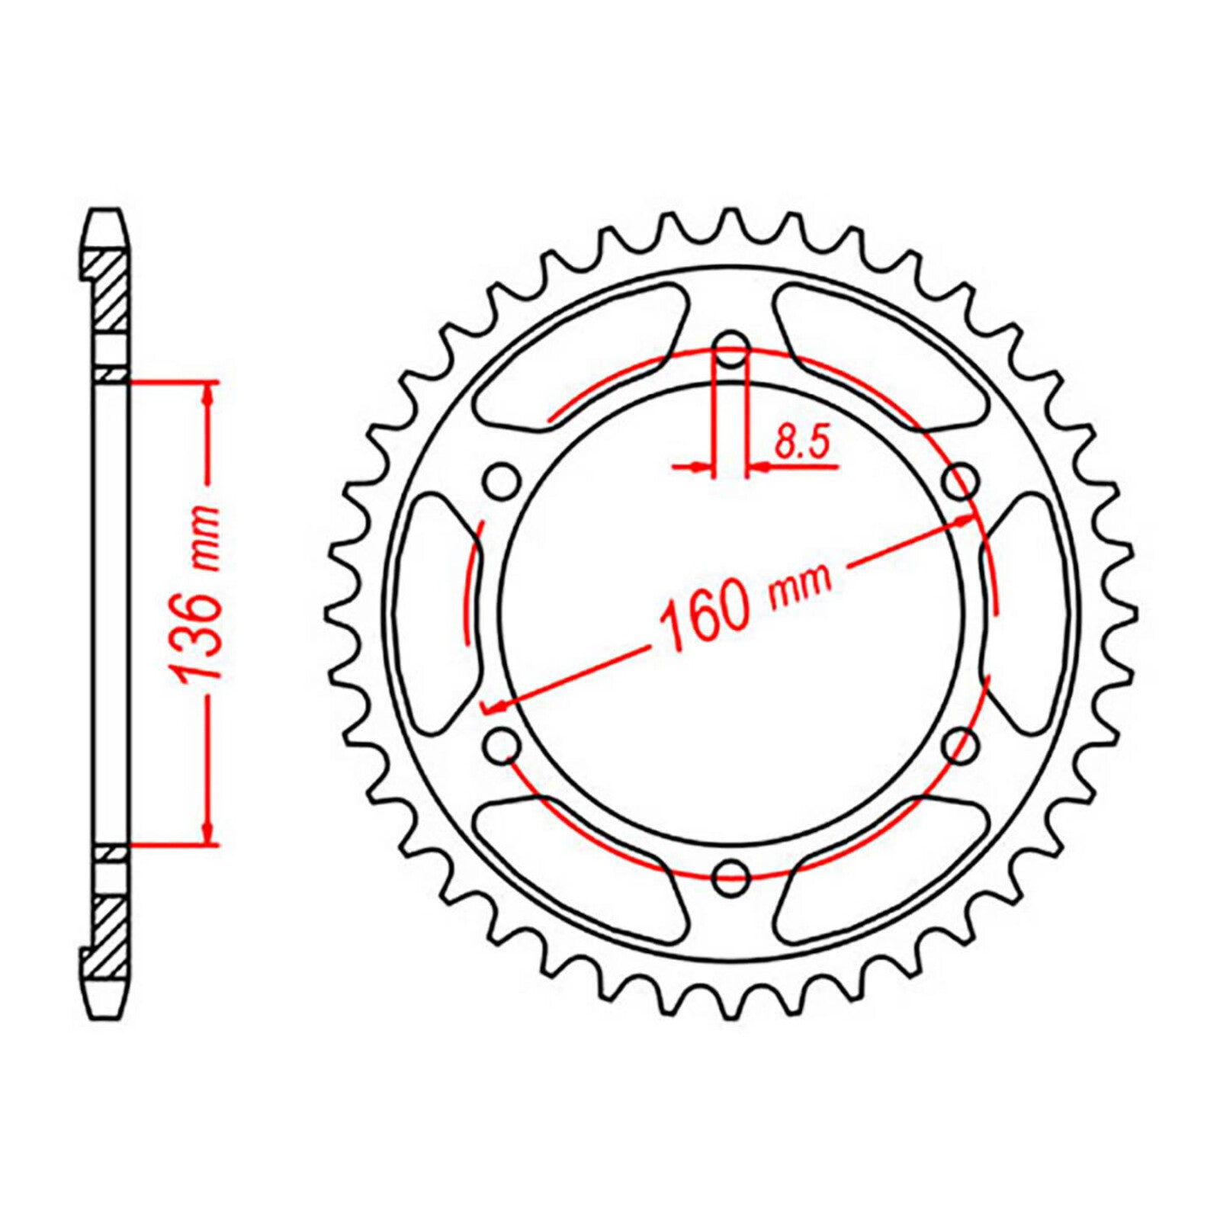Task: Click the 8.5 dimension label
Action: pyautogui.click(x=801, y=443)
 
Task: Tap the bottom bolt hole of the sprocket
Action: pyautogui.click(x=731, y=876)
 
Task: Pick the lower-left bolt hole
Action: pyautogui.click(x=501, y=744)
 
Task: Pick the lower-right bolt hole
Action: pyautogui.click(x=962, y=744)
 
